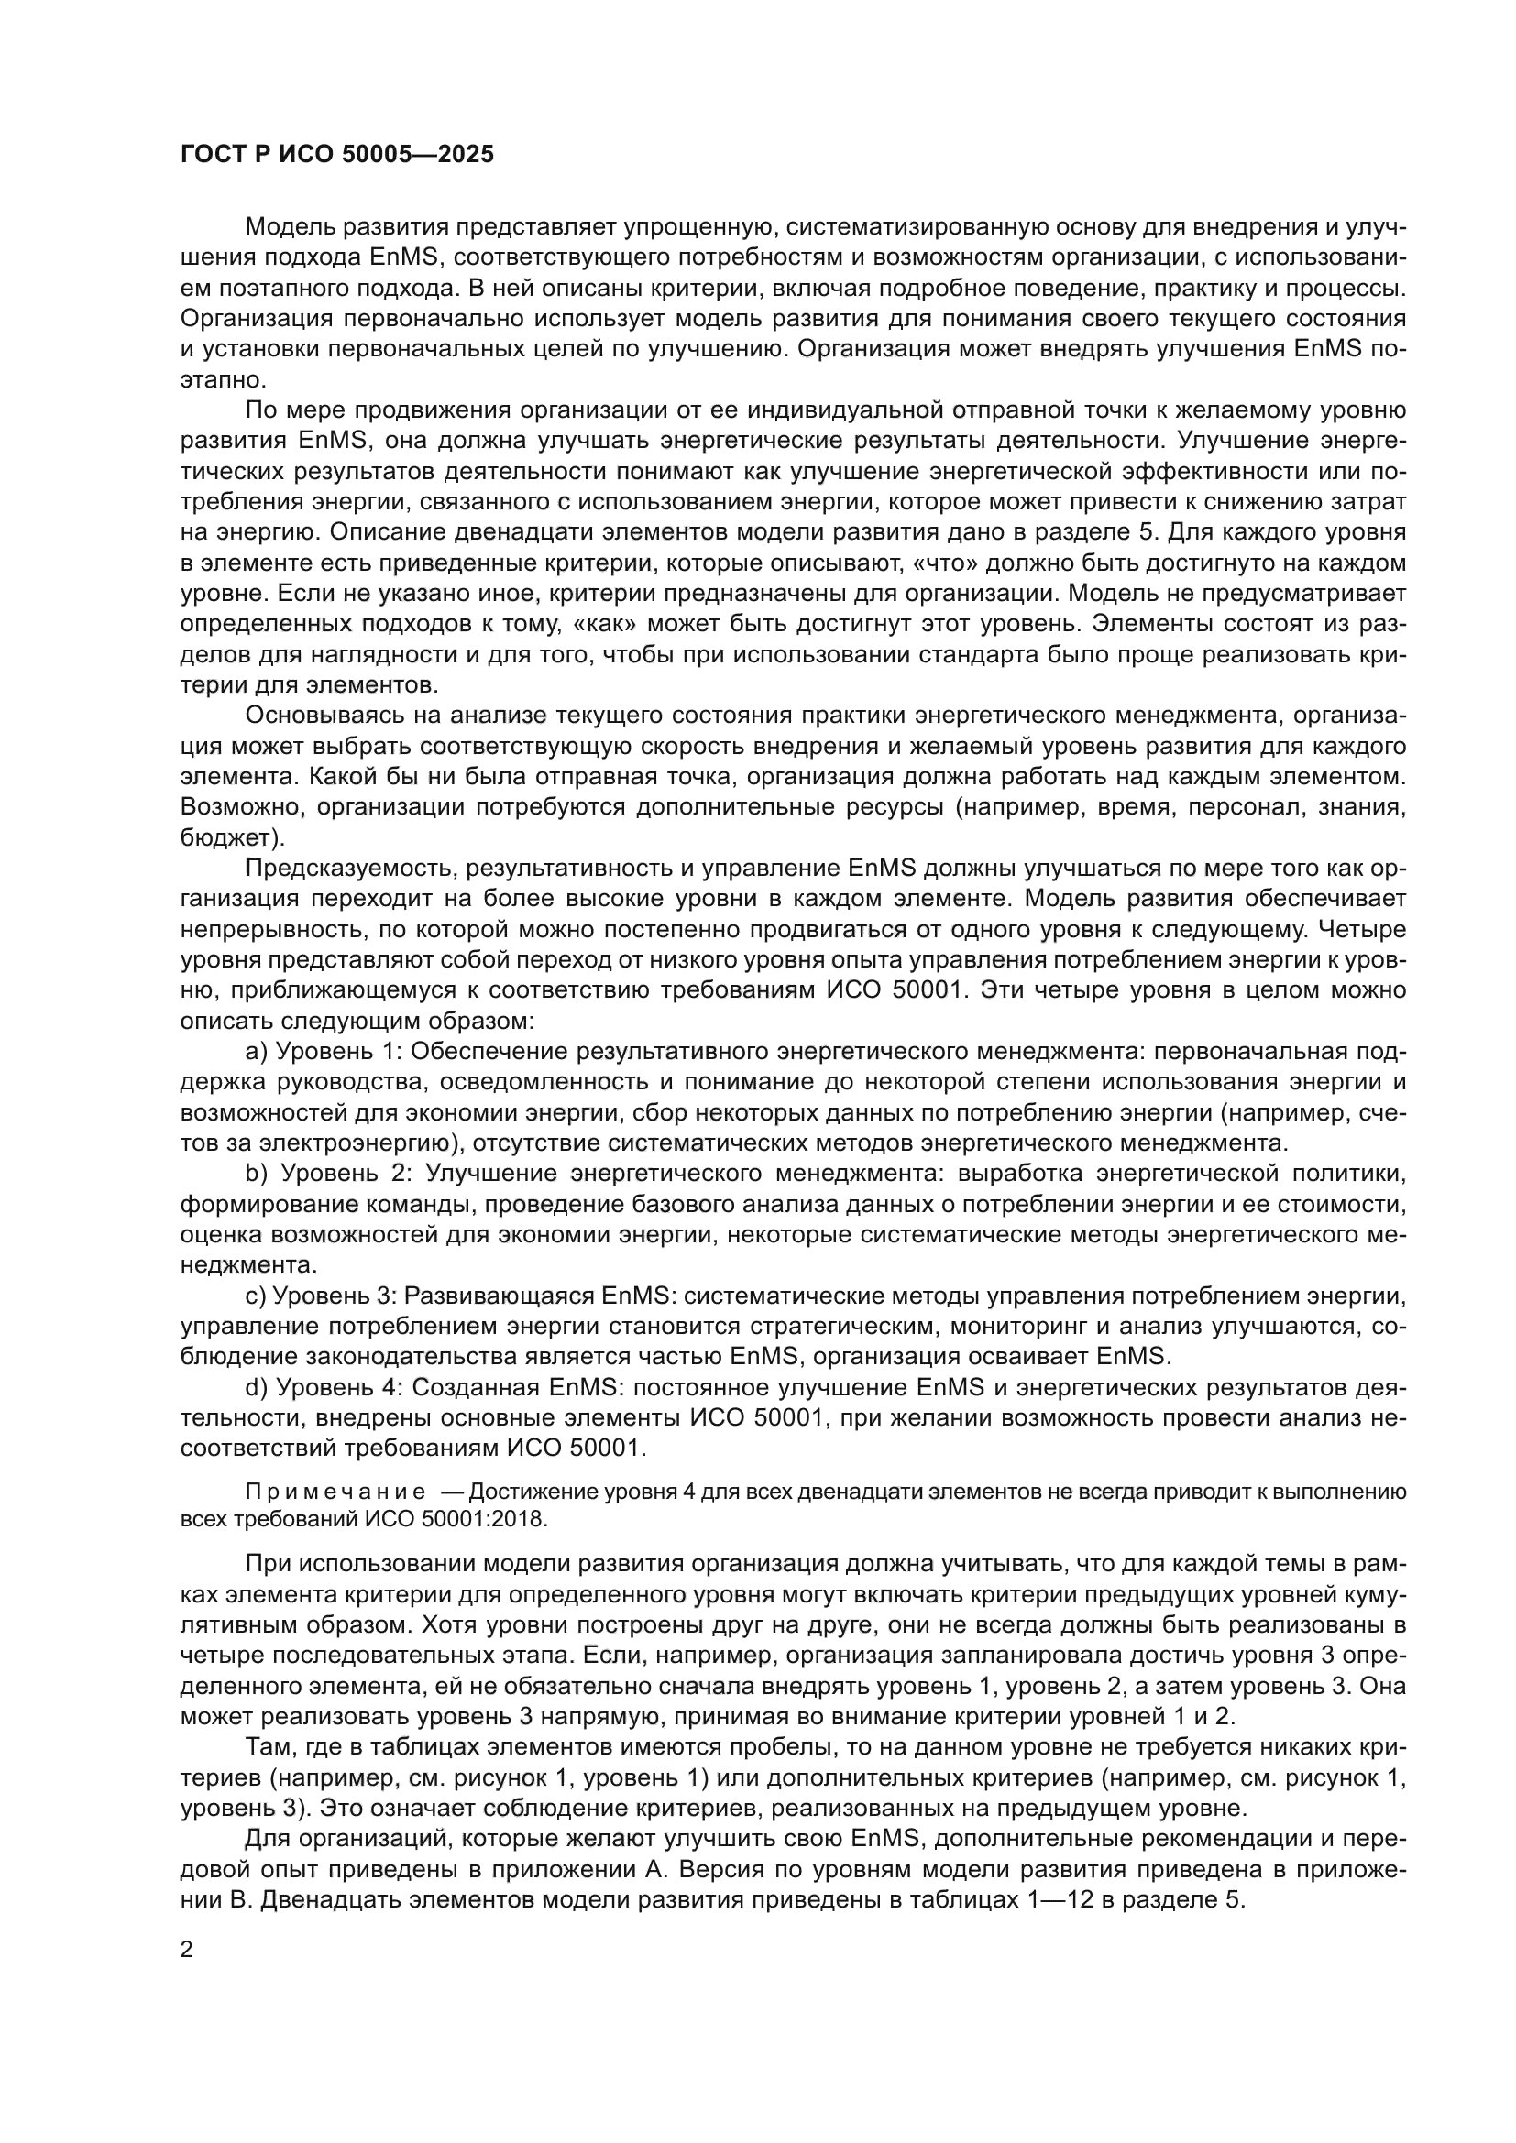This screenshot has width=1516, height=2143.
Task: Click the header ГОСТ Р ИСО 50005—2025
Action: pos(337,155)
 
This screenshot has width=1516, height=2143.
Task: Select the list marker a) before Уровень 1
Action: pos(256,1052)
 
